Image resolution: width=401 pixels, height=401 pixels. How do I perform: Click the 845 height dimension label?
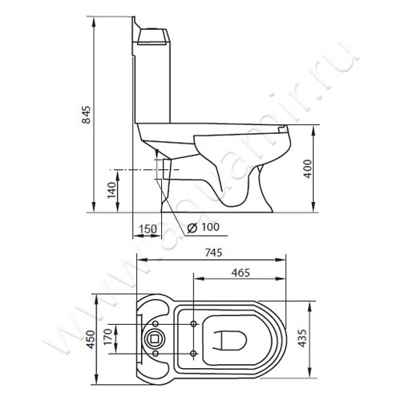(x=86, y=115)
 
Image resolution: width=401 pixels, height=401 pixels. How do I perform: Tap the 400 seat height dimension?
(x=308, y=169)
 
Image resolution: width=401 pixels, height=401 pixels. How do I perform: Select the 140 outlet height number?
(x=111, y=190)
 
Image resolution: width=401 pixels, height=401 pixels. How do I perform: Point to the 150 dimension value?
(x=148, y=229)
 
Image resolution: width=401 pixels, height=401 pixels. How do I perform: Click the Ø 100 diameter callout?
(x=203, y=227)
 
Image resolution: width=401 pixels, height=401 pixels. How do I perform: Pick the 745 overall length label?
(x=213, y=253)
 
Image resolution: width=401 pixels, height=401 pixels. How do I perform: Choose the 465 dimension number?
(x=241, y=273)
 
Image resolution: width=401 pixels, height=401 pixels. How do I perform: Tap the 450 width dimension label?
(x=91, y=339)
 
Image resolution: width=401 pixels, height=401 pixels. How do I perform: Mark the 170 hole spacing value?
(x=107, y=337)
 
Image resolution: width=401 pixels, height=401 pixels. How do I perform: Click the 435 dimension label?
(x=302, y=338)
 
